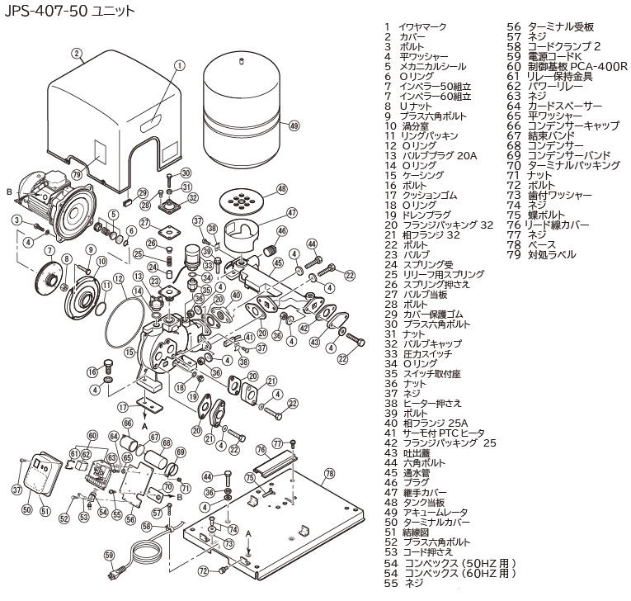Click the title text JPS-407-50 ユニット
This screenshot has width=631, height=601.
pyautogui.click(x=67, y=12)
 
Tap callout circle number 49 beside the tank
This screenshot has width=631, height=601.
pyautogui.click(x=294, y=126)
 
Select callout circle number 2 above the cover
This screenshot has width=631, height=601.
pyautogui.click(x=77, y=54)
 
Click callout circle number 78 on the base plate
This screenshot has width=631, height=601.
pyautogui.click(x=330, y=474)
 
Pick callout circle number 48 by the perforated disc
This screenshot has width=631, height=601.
pyautogui.click(x=281, y=189)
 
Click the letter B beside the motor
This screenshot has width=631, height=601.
pyautogui.click(x=10, y=191)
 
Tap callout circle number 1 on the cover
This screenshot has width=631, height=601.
pyautogui.click(x=179, y=65)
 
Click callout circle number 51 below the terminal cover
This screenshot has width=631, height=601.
pyautogui.click(x=45, y=511)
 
